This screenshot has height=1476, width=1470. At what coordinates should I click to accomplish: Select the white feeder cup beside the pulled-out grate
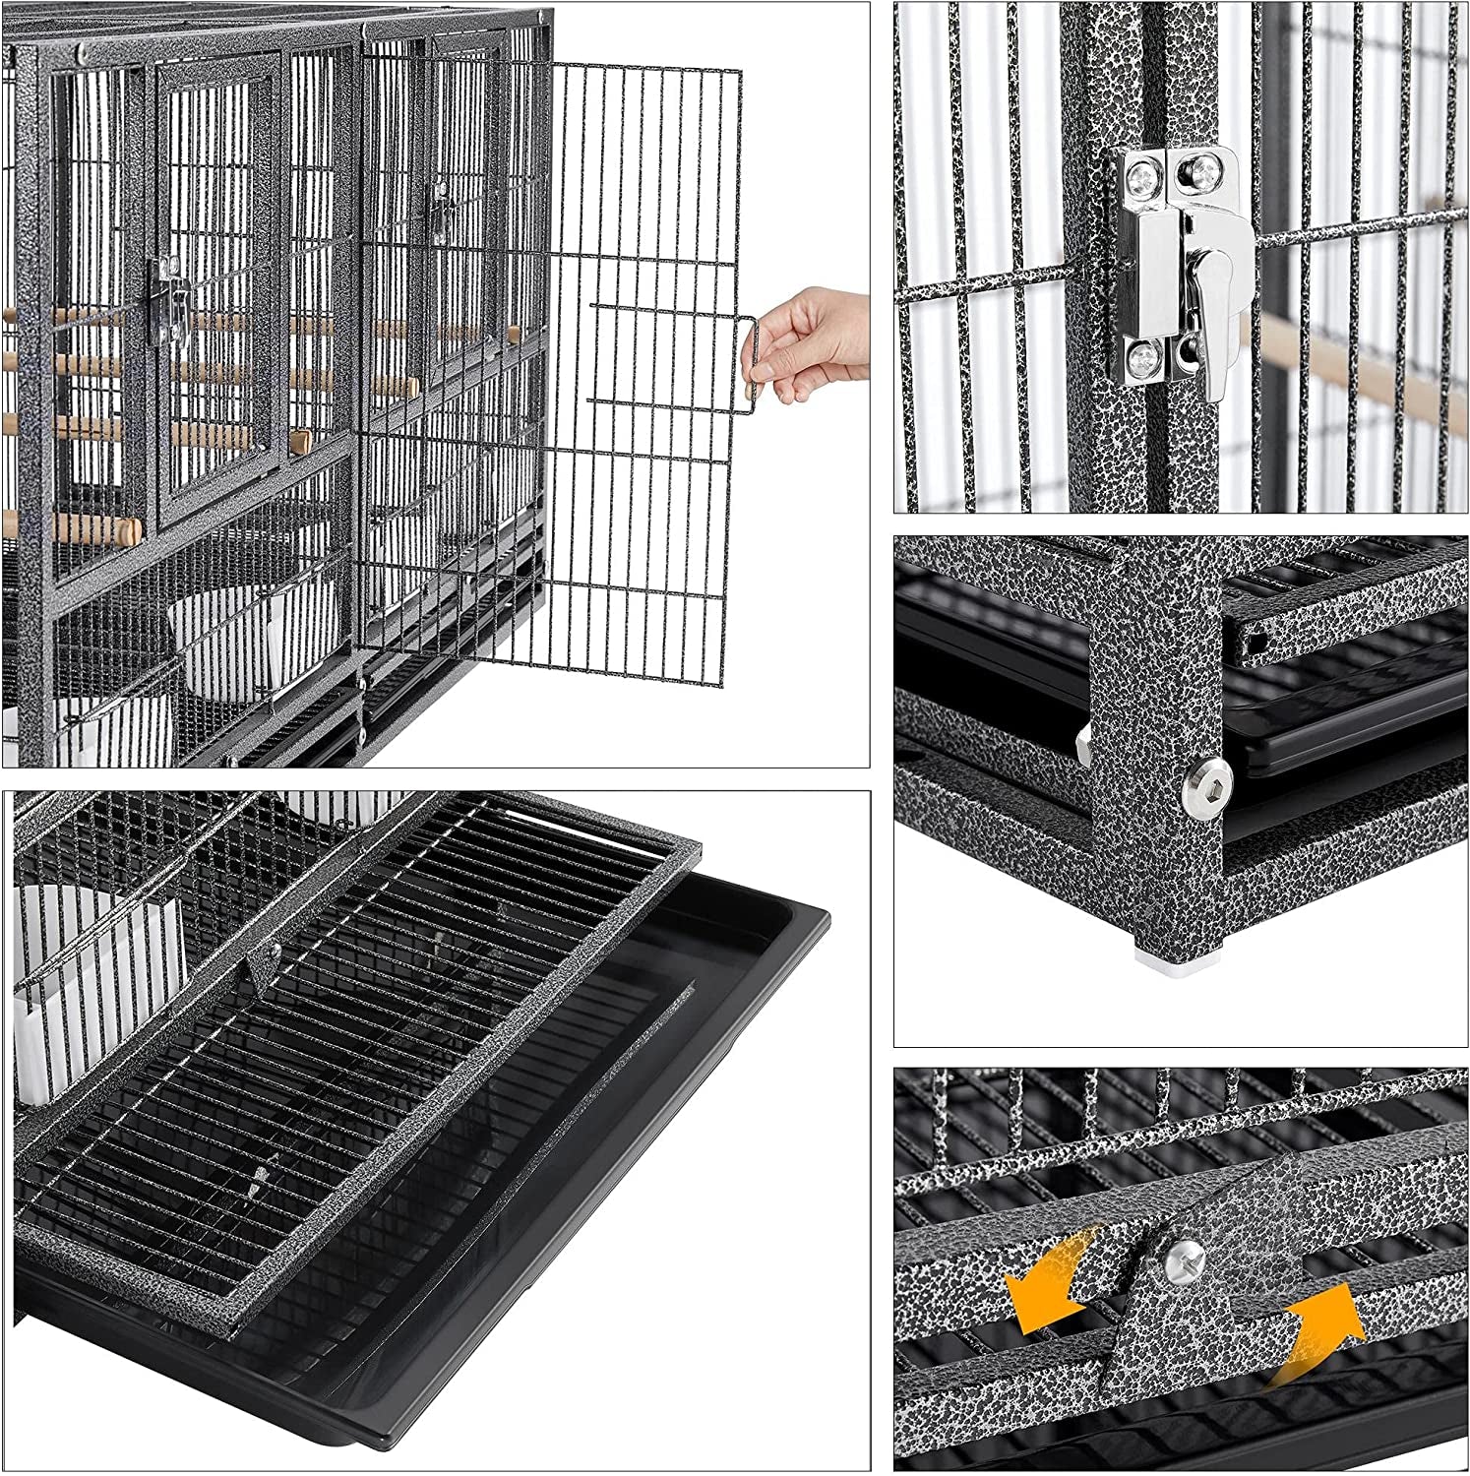pyautogui.click(x=44, y=994)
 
